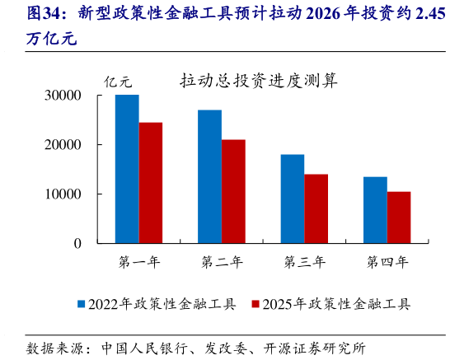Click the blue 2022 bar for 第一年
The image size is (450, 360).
(x=127, y=169)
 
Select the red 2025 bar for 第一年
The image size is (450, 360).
(x=151, y=183)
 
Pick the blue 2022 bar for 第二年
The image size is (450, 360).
(x=209, y=176)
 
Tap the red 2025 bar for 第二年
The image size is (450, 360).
(x=233, y=191)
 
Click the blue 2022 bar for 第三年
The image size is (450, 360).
(x=293, y=199)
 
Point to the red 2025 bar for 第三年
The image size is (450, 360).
(x=316, y=208)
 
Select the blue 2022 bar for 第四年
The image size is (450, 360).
(x=375, y=210)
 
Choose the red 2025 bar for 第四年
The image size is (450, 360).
(x=399, y=217)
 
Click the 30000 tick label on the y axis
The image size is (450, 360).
(x=63, y=96)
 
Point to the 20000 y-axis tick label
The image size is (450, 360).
(x=63, y=145)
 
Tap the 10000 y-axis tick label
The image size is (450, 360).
(x=63, y=194)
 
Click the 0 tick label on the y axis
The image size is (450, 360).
(x=77, y=244)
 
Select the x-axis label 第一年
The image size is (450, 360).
(x=139, y=263)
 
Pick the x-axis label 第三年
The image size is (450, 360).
(x=304, y=263)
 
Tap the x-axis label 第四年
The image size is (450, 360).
(x=387, y=263)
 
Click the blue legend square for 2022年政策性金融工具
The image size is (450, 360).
(x=82, y=304)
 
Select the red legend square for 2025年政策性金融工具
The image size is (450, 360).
(x=255, y=304)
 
